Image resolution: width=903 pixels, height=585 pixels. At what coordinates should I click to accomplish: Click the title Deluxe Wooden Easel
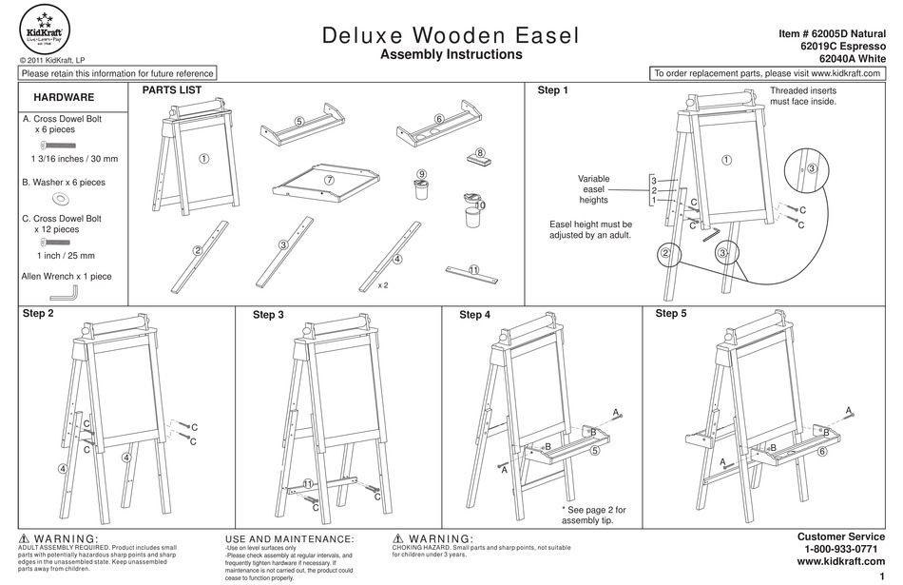point(451,36)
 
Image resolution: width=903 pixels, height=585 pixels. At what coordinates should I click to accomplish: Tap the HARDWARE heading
point(64,98)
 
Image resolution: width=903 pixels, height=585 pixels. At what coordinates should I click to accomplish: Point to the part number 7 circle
point(329,179)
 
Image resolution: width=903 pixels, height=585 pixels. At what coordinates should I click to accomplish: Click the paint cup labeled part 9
point(420,188)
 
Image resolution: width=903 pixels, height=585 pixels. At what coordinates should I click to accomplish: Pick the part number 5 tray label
point(298,121)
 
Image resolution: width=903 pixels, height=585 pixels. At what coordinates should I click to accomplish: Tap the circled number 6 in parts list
point(439,119)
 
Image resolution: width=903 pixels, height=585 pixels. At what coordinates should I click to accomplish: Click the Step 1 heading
point(553,91)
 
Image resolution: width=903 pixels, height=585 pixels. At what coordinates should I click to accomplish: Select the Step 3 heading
point(268,315)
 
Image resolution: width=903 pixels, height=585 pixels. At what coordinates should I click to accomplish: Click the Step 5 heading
point(671,313)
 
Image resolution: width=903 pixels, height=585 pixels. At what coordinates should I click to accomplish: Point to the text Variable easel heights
point(593,189)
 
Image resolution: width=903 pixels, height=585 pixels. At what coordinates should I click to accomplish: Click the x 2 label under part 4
point(383,284)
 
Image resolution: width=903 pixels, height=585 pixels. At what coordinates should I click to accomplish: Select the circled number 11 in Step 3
point(308,484)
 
